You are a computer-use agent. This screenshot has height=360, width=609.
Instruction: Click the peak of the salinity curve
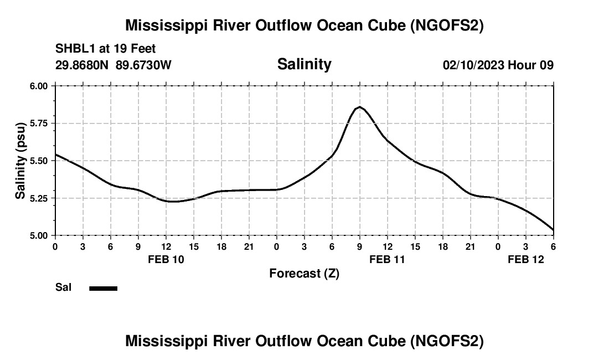tap(360, 107)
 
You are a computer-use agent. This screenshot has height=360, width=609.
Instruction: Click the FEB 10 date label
tap(166, 259)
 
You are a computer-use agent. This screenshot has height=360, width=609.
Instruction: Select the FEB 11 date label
tap(388, 259)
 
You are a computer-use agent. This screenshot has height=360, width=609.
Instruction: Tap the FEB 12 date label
tap(526, 259)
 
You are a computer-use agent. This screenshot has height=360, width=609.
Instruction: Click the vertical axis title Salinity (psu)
tap(20, 161)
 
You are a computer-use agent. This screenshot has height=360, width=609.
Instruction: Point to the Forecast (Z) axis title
tap(304, 273)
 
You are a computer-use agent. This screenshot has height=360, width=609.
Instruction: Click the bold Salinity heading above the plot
tap(304, 64)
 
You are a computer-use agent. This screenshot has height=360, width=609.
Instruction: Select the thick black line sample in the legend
tap(103, 288)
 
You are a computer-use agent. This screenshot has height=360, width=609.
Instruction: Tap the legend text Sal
tap(63, 287)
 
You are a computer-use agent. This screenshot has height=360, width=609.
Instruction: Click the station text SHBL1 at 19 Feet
tap(106, 49)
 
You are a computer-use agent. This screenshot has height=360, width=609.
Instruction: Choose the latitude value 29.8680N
tap(82, 65)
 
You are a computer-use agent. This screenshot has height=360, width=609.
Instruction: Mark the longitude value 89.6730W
tap(143, 65)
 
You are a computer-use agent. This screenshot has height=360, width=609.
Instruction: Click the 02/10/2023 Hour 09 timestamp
tap(498, 65)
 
